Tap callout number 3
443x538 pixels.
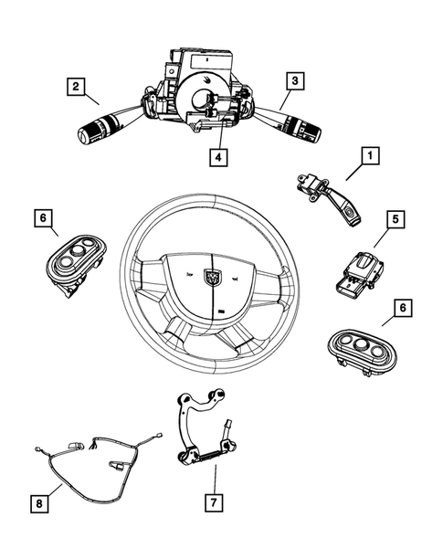293,80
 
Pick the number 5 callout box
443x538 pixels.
394,245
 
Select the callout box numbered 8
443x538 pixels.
38,501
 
